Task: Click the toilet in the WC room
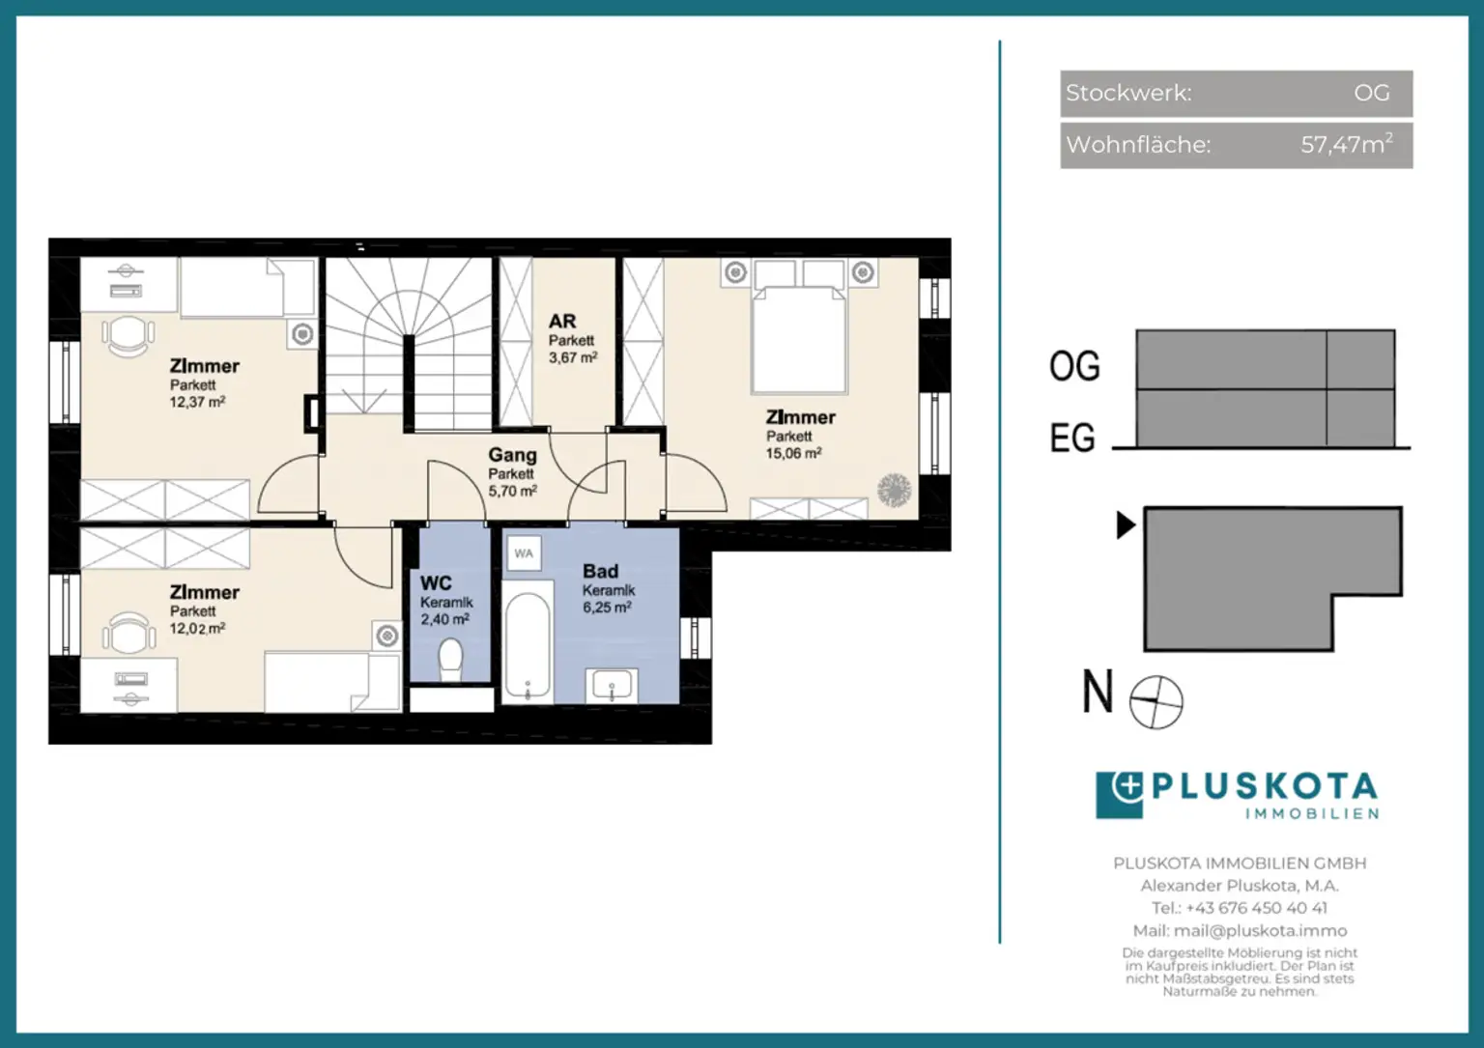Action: pyautogui.click(x=450, y=659)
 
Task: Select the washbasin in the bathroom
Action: pyautogui.click(x=612, y=686)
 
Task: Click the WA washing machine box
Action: pyautogui.click(x=524, y=553)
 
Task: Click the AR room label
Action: pyautogui.click(x=562, y=322)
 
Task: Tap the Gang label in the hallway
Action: pyautogui.click(x=512, y=455)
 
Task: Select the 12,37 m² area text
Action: pyautogui.click(x=197, y=402)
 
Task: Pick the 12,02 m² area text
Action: pyautogui.click(x=197, y=629)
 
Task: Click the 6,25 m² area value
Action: pyautogui.click(x=607, y=608)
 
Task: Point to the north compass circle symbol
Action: pyautogui.click(x=1156, y=702)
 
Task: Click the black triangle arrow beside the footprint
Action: pyautogui.click(x=1126, y=524)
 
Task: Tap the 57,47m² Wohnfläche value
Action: pyautogui.click(x=1346, y=144)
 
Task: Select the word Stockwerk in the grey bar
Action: pyautogui.click(x=1128, y=94)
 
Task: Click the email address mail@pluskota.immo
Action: pyautogui.click(x=1260, y=931)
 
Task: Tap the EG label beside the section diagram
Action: pyautogui.click(x=1072, y=438)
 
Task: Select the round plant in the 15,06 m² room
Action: pyautogui.click(x=895, y=491)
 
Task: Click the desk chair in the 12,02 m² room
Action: pyautogui.click(x=129, y=632)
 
